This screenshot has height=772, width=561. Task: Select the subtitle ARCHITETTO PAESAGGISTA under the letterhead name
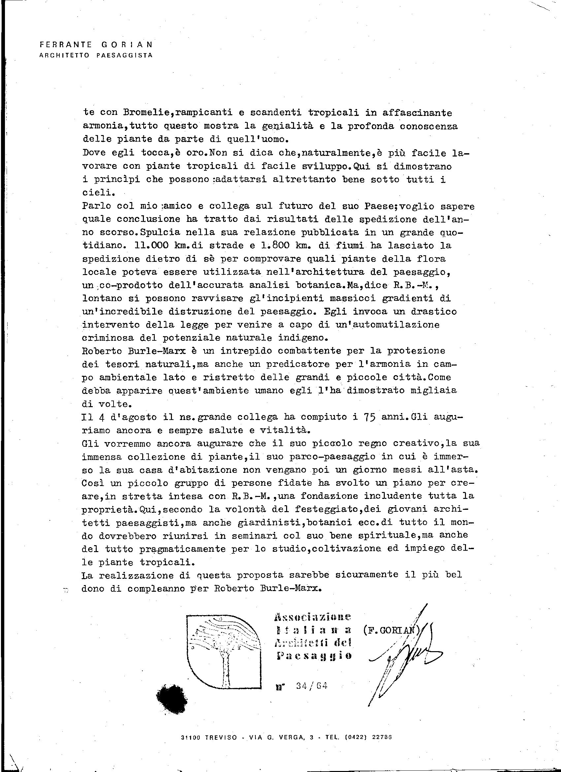coord(96,55)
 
